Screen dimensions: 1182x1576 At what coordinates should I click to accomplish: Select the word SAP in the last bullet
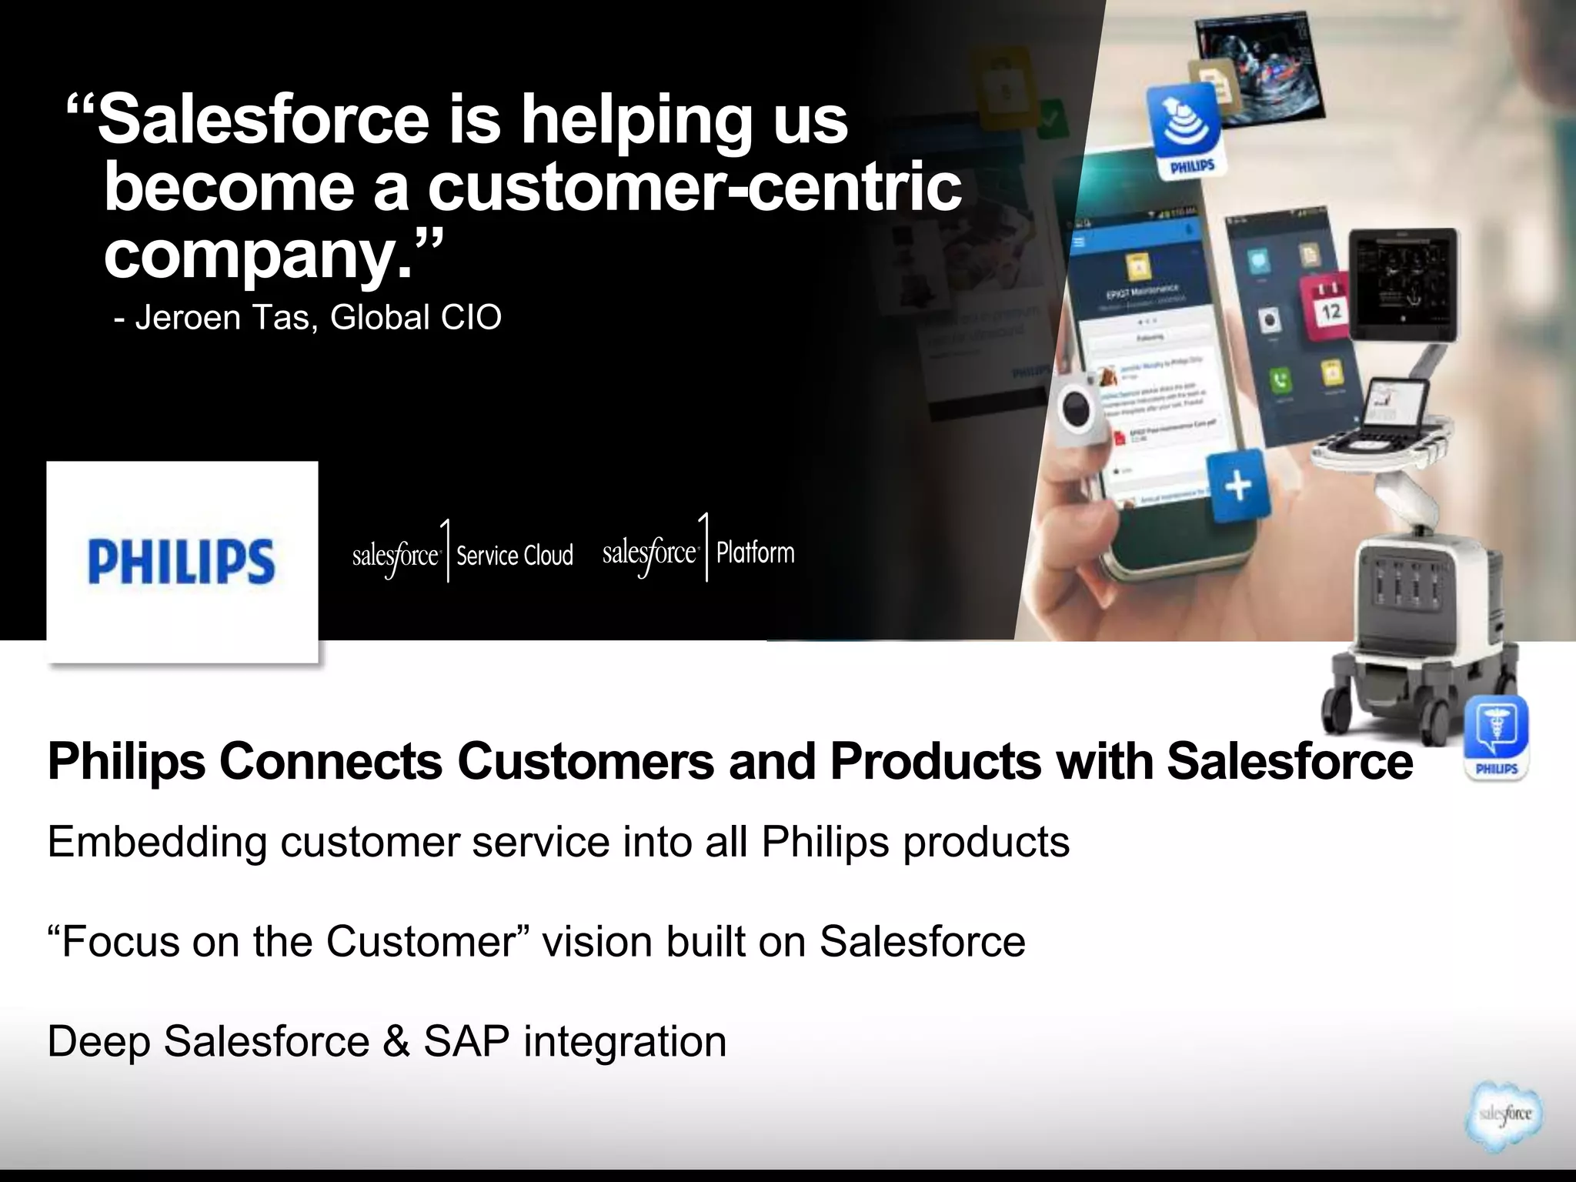pyautogui.click(x=467, y=1042)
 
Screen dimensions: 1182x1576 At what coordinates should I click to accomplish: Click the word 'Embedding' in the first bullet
pyautogui.click(x=157, y=843)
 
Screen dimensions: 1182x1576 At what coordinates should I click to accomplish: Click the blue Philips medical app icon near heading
pyautogui.click(x=1496, y=737)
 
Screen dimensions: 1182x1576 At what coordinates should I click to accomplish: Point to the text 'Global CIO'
pyautogui.click(x=416, y=317)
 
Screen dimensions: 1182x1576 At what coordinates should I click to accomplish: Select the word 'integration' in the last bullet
pyautogui.click(x=625, y=1042)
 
